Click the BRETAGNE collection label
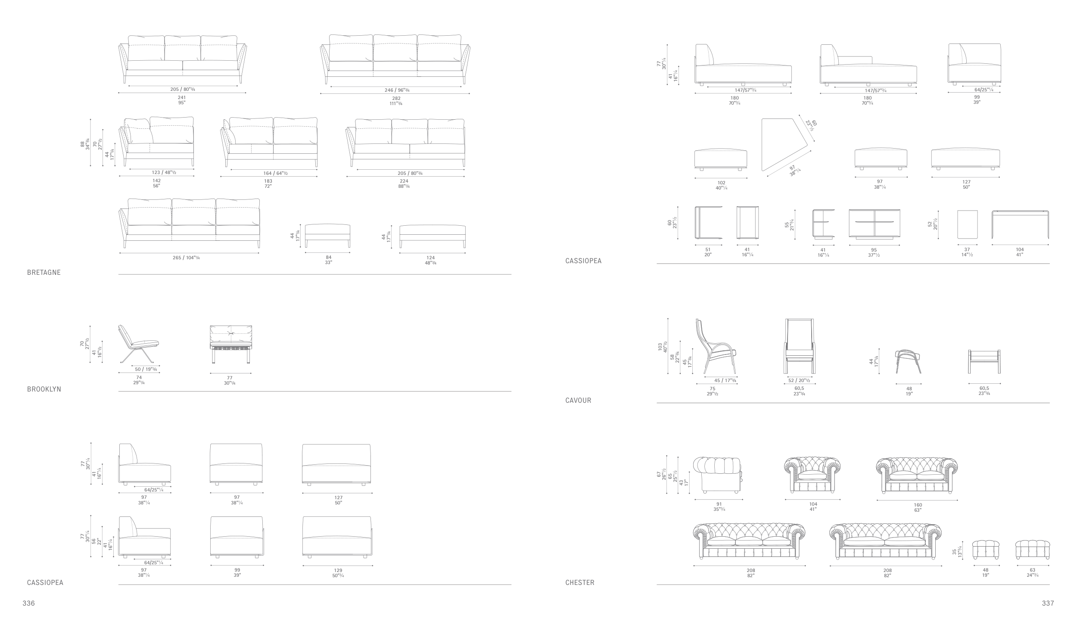[x=44, y=273]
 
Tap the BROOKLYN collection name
[x=44, y=389]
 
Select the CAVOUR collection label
[x=578, y=401]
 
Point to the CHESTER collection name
[x=579, y=583]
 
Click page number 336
[x=28, y=603]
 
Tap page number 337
[x=1048, y=603]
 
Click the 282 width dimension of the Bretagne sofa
[x=396, y=99]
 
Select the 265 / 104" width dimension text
[x=186, y=258]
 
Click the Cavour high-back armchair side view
[x=715, y=347]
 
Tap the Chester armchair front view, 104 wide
[x=812, y=476]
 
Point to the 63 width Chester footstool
[x=1032, y=550]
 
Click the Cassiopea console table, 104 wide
[x=1020, y=224]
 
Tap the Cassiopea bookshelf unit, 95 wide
[x=874, y=224]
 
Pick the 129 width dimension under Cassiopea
[x=338, y=570]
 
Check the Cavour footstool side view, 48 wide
[x=908, y=362]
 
